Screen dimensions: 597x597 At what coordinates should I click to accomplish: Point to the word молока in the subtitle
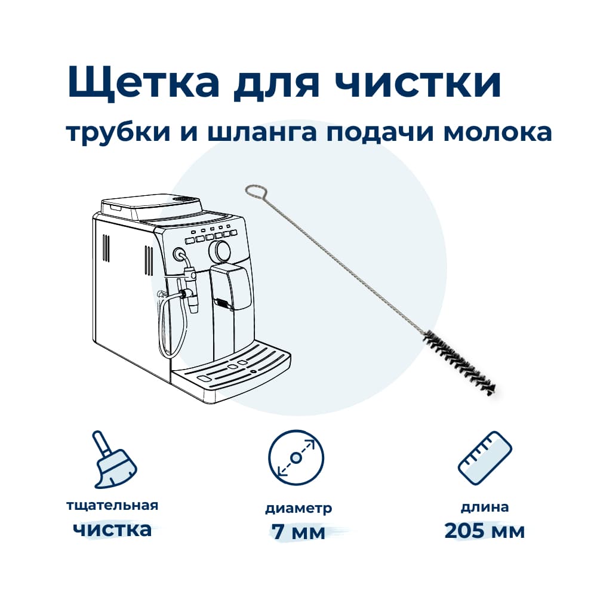coord(498,133)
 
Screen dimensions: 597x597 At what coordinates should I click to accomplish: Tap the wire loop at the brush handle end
coord(257,192)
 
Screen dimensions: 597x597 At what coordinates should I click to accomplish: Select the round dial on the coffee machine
coord(220,250)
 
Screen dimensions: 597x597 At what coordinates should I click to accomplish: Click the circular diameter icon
coord(296,458)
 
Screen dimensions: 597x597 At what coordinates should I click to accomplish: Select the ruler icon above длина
coord(485,458)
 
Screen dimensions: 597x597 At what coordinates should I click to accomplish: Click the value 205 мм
coord(485,531)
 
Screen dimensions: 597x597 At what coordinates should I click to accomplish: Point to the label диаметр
coord(298,509)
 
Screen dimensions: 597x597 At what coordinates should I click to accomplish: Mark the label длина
coord(485,507)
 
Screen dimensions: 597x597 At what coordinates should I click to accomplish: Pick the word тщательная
coord(112,506)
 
